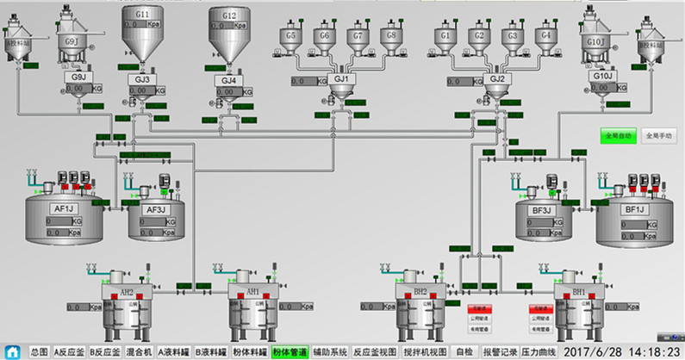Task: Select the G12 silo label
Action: pos(229,16)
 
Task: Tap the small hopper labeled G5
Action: pos(290,35)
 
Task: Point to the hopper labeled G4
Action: pos(543,35)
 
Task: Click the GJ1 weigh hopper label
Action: pos(342,78)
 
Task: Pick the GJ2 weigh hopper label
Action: pos(497,78)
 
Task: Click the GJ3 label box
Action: pos(142,79)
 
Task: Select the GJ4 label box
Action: pos(228,80)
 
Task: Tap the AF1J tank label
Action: pos(64,208)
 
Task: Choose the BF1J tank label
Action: pos(634,208)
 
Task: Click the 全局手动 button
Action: pos(659,135)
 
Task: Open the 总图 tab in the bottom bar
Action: pos(38,351)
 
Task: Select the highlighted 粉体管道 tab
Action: pos(290,351)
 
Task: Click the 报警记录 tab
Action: pos(497,351)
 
